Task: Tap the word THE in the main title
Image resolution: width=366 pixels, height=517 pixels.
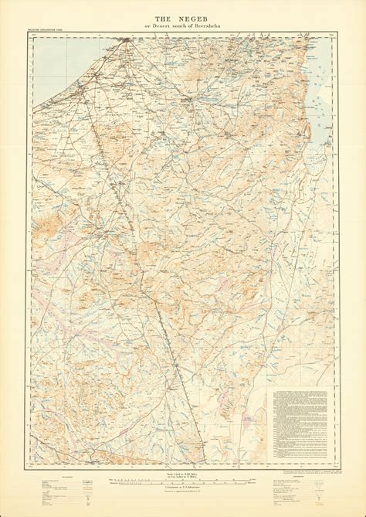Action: pos(163,18)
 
